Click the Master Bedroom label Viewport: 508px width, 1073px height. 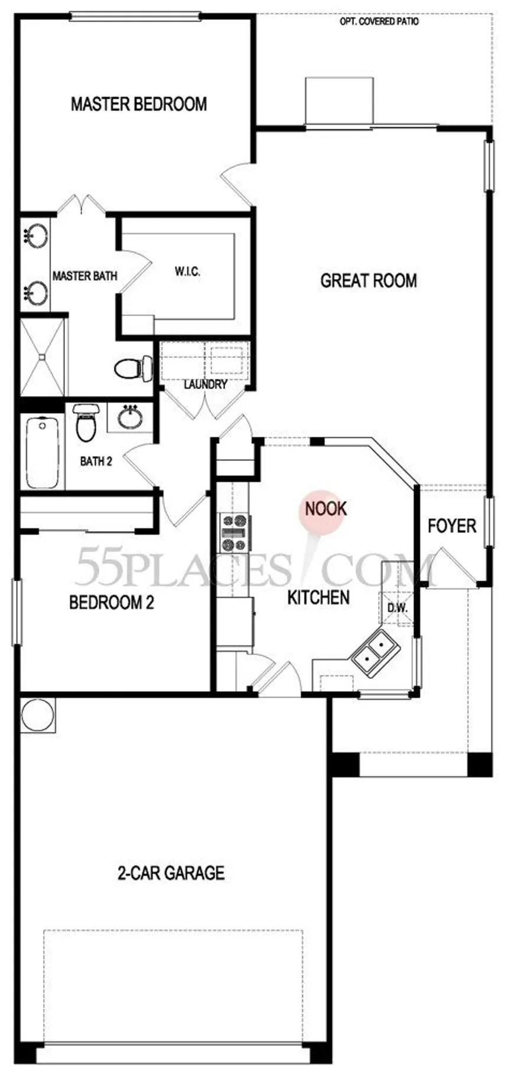(x=139, y=104)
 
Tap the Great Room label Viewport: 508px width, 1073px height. (x=369, y=280)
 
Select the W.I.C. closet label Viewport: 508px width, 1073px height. (x=187, y=271)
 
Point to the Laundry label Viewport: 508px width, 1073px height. (x=205, y=385)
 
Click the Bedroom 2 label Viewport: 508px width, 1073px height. (x=112, y=603)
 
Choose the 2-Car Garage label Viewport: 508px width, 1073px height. (x=171, y=872)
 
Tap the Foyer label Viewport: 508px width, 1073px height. (x=452, y=526)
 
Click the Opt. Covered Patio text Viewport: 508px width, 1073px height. (x=379, y=22)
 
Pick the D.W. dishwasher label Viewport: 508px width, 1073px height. (x=395, y=608)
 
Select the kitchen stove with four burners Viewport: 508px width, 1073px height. (x=235, y=532)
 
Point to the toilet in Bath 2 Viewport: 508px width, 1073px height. (x=86, y=423)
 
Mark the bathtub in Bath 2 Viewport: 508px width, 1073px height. (x=42, y=452)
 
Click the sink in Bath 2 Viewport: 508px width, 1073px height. (x=130, y=417)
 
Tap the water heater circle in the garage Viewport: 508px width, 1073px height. (x=37, y=715)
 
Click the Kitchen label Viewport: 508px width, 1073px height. (x=318, y=597)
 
